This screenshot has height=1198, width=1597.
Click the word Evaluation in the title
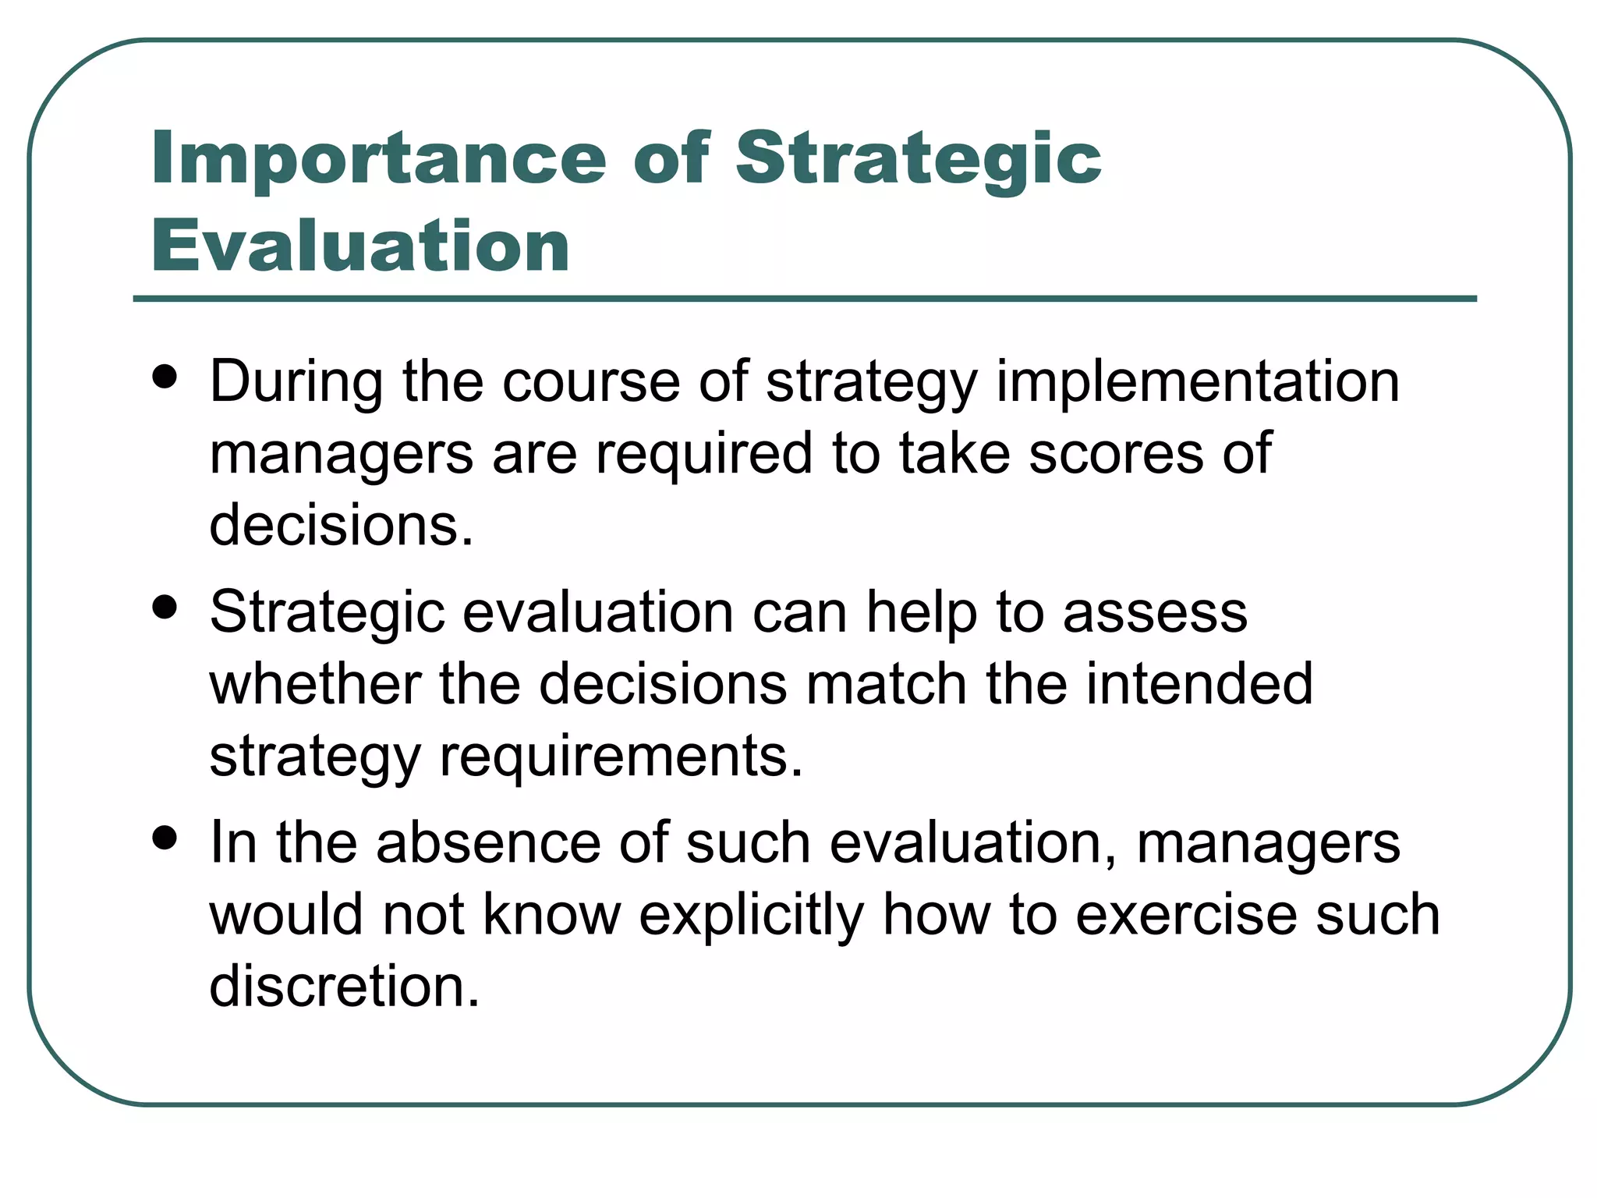360,246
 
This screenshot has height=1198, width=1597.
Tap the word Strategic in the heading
918,160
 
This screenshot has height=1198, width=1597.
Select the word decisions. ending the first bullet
342,525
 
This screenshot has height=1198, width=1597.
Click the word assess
1155,612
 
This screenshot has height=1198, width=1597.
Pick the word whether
315,684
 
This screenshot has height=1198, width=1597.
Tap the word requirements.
621,756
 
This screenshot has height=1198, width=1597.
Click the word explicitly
751,915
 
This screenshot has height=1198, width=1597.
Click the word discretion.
344,987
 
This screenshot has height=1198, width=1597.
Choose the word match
887,684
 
